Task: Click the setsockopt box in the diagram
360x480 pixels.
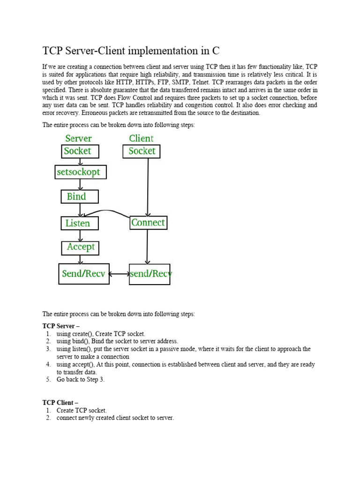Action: [x=81, y=172]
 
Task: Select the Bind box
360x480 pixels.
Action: [x=80, y=196]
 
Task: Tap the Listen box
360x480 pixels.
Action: [x=80, y=223]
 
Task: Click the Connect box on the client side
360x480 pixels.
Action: [x=148, y=223]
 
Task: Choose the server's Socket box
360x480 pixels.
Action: [x=81, y=151]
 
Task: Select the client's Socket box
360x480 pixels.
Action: [x=142, y=151]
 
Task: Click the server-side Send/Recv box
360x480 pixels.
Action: [x=84, y=274]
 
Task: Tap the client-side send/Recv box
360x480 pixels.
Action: [x=150, y=274]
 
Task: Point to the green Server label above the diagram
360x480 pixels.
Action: [x=78, y=138]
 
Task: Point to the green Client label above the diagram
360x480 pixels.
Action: [x=141, y=138]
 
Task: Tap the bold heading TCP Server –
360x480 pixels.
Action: [x=60, y=326]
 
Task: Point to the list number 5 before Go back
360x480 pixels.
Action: [x=48, y=380]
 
